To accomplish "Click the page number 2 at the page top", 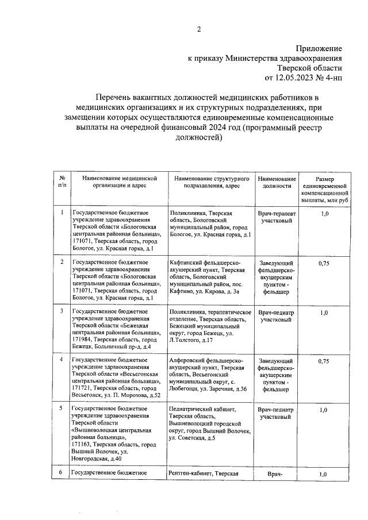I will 199,29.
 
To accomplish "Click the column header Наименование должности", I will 277,182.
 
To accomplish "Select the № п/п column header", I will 62,182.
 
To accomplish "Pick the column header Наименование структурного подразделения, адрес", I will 211,182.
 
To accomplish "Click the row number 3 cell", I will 62,311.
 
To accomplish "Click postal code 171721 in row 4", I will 83,388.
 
